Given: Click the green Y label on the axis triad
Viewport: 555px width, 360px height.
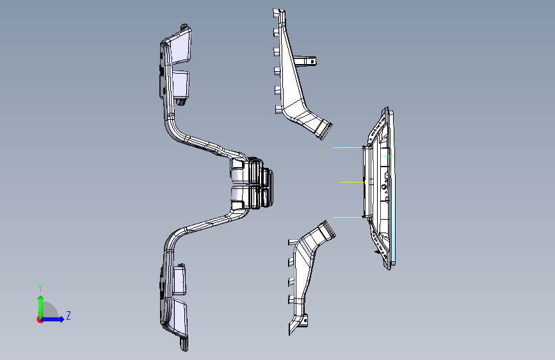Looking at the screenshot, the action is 40,288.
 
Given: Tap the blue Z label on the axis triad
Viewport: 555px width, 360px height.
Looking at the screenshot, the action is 68,316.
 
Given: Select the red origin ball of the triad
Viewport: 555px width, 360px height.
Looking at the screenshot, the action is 40,319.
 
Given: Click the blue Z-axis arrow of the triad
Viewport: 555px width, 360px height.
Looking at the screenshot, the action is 55,318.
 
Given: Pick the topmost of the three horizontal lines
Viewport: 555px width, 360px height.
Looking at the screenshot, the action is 348,148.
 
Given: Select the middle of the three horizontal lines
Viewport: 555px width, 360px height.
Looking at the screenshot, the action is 351,183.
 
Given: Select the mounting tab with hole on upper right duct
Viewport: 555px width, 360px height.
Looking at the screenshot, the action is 310,61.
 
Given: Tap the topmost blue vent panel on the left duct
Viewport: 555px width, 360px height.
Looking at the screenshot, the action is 181,47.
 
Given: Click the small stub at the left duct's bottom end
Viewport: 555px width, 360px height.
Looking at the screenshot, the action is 184,345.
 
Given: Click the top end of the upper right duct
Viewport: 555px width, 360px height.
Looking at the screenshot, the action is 277,13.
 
